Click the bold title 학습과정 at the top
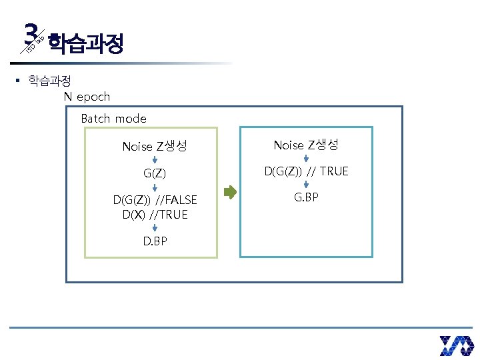pyautogui.click(x=86, y=44)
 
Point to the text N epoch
pyautogui.click(x=87, y=97)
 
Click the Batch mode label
pyautogui.click(x=113, y=119)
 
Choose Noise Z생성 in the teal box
pyautogui.click(x=306, y=145)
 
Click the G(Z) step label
pyautogui.click(x=155, y=173)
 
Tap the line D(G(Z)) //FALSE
pyautogui.click(x=155, y=200)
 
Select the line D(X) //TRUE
pyautogui.click(x=155, y=215)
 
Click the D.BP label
pyautogui.click(x=155, y=241)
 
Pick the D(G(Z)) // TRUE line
pyautogui.click(x=306, y=171)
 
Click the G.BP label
pyautogui.click(x=306, y=198)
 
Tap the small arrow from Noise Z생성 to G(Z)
pyautogui.click(x=155, y=161)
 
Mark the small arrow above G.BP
pyautogui.click(x=306, y=185)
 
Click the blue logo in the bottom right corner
pyautogui.click(x=456, y=345)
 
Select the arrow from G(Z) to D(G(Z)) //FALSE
pyautogui.click(x=155, y=187)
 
